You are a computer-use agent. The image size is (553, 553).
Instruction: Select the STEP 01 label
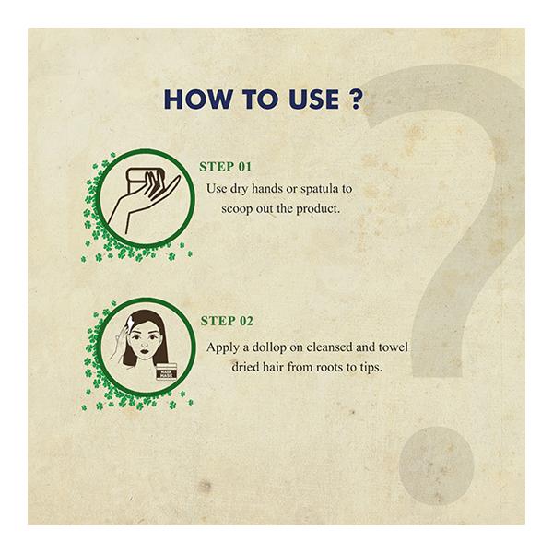click(225, 168)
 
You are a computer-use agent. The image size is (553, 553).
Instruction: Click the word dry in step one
click(246, 188)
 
